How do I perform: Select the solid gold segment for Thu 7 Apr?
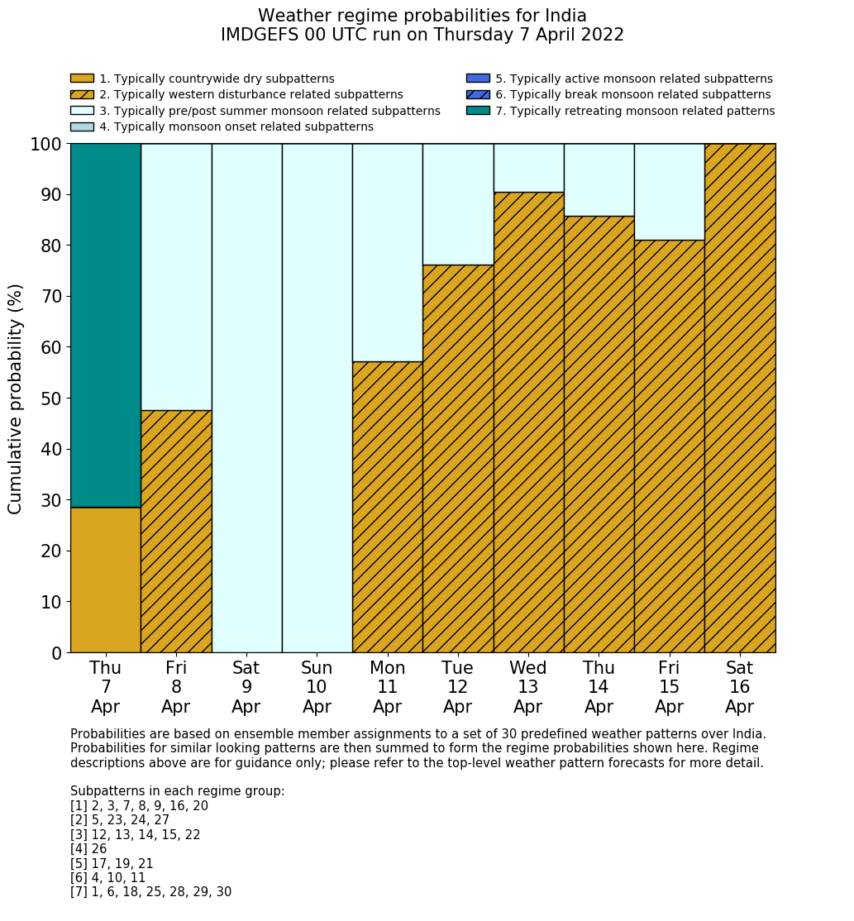[106, 580]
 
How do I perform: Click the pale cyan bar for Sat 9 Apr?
[246, 398]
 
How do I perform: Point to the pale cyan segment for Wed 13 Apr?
[528, 168]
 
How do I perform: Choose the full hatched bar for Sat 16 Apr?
[740, 398]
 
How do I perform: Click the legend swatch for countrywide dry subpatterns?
[82, 79]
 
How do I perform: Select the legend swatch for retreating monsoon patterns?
[478, 111]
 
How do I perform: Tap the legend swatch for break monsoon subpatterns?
[478, 95]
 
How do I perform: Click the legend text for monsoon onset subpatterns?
[236, 127]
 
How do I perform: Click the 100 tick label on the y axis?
[46, 145]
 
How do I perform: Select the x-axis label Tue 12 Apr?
[457, 687]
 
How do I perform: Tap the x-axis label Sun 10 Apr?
[317, 687]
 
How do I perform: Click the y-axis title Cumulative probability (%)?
[16, 398]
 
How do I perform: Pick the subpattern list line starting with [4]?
[88, 849]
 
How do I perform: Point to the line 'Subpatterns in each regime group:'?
[177, 791]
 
